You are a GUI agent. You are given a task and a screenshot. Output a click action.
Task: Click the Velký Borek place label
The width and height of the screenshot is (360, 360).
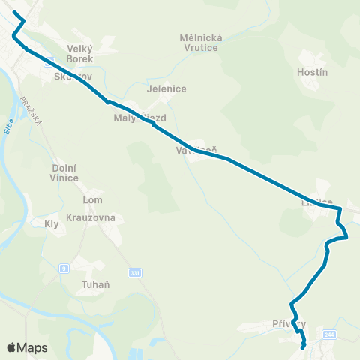point(79,53)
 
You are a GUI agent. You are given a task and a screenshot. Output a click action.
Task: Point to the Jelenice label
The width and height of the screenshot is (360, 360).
point(166,88)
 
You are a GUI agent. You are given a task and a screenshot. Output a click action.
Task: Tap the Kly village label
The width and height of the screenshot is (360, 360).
point(52,223)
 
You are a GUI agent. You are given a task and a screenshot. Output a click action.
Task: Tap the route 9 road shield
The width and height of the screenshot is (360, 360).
point(64,267)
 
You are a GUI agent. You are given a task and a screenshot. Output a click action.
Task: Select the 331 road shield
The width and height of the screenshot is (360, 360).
point(134,273)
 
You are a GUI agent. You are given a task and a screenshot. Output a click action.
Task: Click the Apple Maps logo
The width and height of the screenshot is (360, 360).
point(26,347)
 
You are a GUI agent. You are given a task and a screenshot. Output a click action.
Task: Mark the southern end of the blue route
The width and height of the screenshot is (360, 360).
point(303,347)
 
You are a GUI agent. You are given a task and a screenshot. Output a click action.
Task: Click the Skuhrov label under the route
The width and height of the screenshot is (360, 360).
point(72,76)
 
